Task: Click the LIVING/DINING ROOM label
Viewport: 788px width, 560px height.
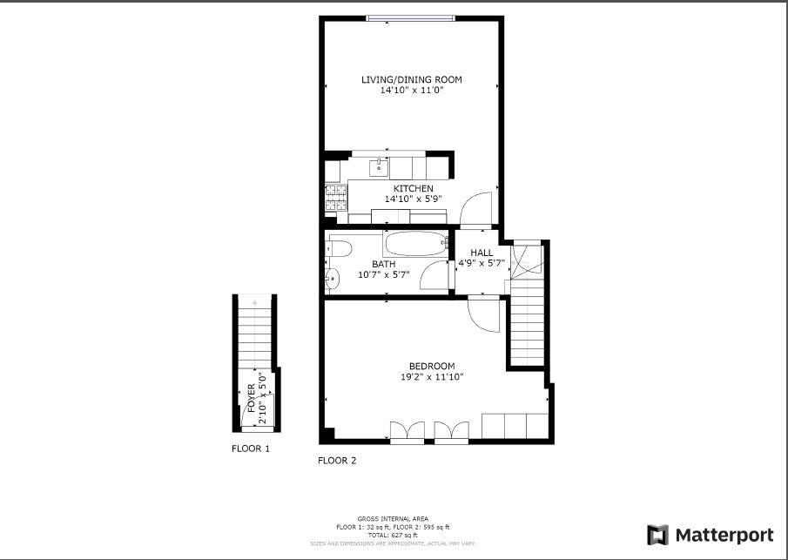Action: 412,79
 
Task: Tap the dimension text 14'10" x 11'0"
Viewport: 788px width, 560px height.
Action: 412,90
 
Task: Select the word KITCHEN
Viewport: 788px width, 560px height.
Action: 413,188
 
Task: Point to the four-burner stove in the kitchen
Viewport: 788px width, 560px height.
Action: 335,196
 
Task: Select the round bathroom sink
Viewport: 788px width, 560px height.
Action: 333,280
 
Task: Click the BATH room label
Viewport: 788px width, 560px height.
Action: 384,264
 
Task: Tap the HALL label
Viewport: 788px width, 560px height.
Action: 482,253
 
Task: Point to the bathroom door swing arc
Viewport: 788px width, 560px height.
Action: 433,277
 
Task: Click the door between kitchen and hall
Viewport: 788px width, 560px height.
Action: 478,209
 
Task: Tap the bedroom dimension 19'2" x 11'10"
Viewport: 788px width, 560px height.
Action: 426,377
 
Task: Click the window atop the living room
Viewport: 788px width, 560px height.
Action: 409,18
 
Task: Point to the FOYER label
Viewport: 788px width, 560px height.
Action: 252,397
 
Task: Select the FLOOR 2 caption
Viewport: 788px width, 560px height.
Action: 337,461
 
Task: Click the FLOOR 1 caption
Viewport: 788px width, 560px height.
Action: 251,449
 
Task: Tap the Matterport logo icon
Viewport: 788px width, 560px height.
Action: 658,534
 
